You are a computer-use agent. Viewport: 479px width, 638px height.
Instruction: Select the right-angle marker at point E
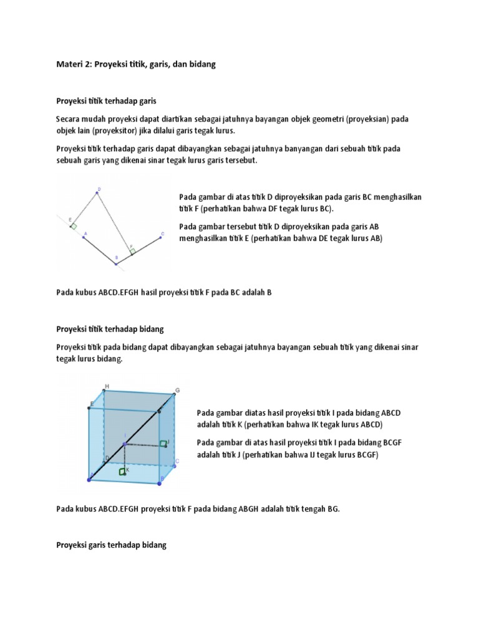tap(74, 227)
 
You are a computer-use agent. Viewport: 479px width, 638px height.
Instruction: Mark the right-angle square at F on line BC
tap(132, 252)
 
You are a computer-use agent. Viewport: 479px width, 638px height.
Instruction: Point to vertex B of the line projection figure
tap(116, 264)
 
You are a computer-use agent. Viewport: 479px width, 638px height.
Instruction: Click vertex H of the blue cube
tap(103, 391)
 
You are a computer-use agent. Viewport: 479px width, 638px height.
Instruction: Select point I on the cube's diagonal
tap(125, 444)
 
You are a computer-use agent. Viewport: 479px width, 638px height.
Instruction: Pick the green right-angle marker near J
tap(163, 444)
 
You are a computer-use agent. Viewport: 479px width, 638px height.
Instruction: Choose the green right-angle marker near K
tap(122, 472)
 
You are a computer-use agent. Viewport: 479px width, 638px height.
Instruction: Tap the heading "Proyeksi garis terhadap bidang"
tap(112, 545)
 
